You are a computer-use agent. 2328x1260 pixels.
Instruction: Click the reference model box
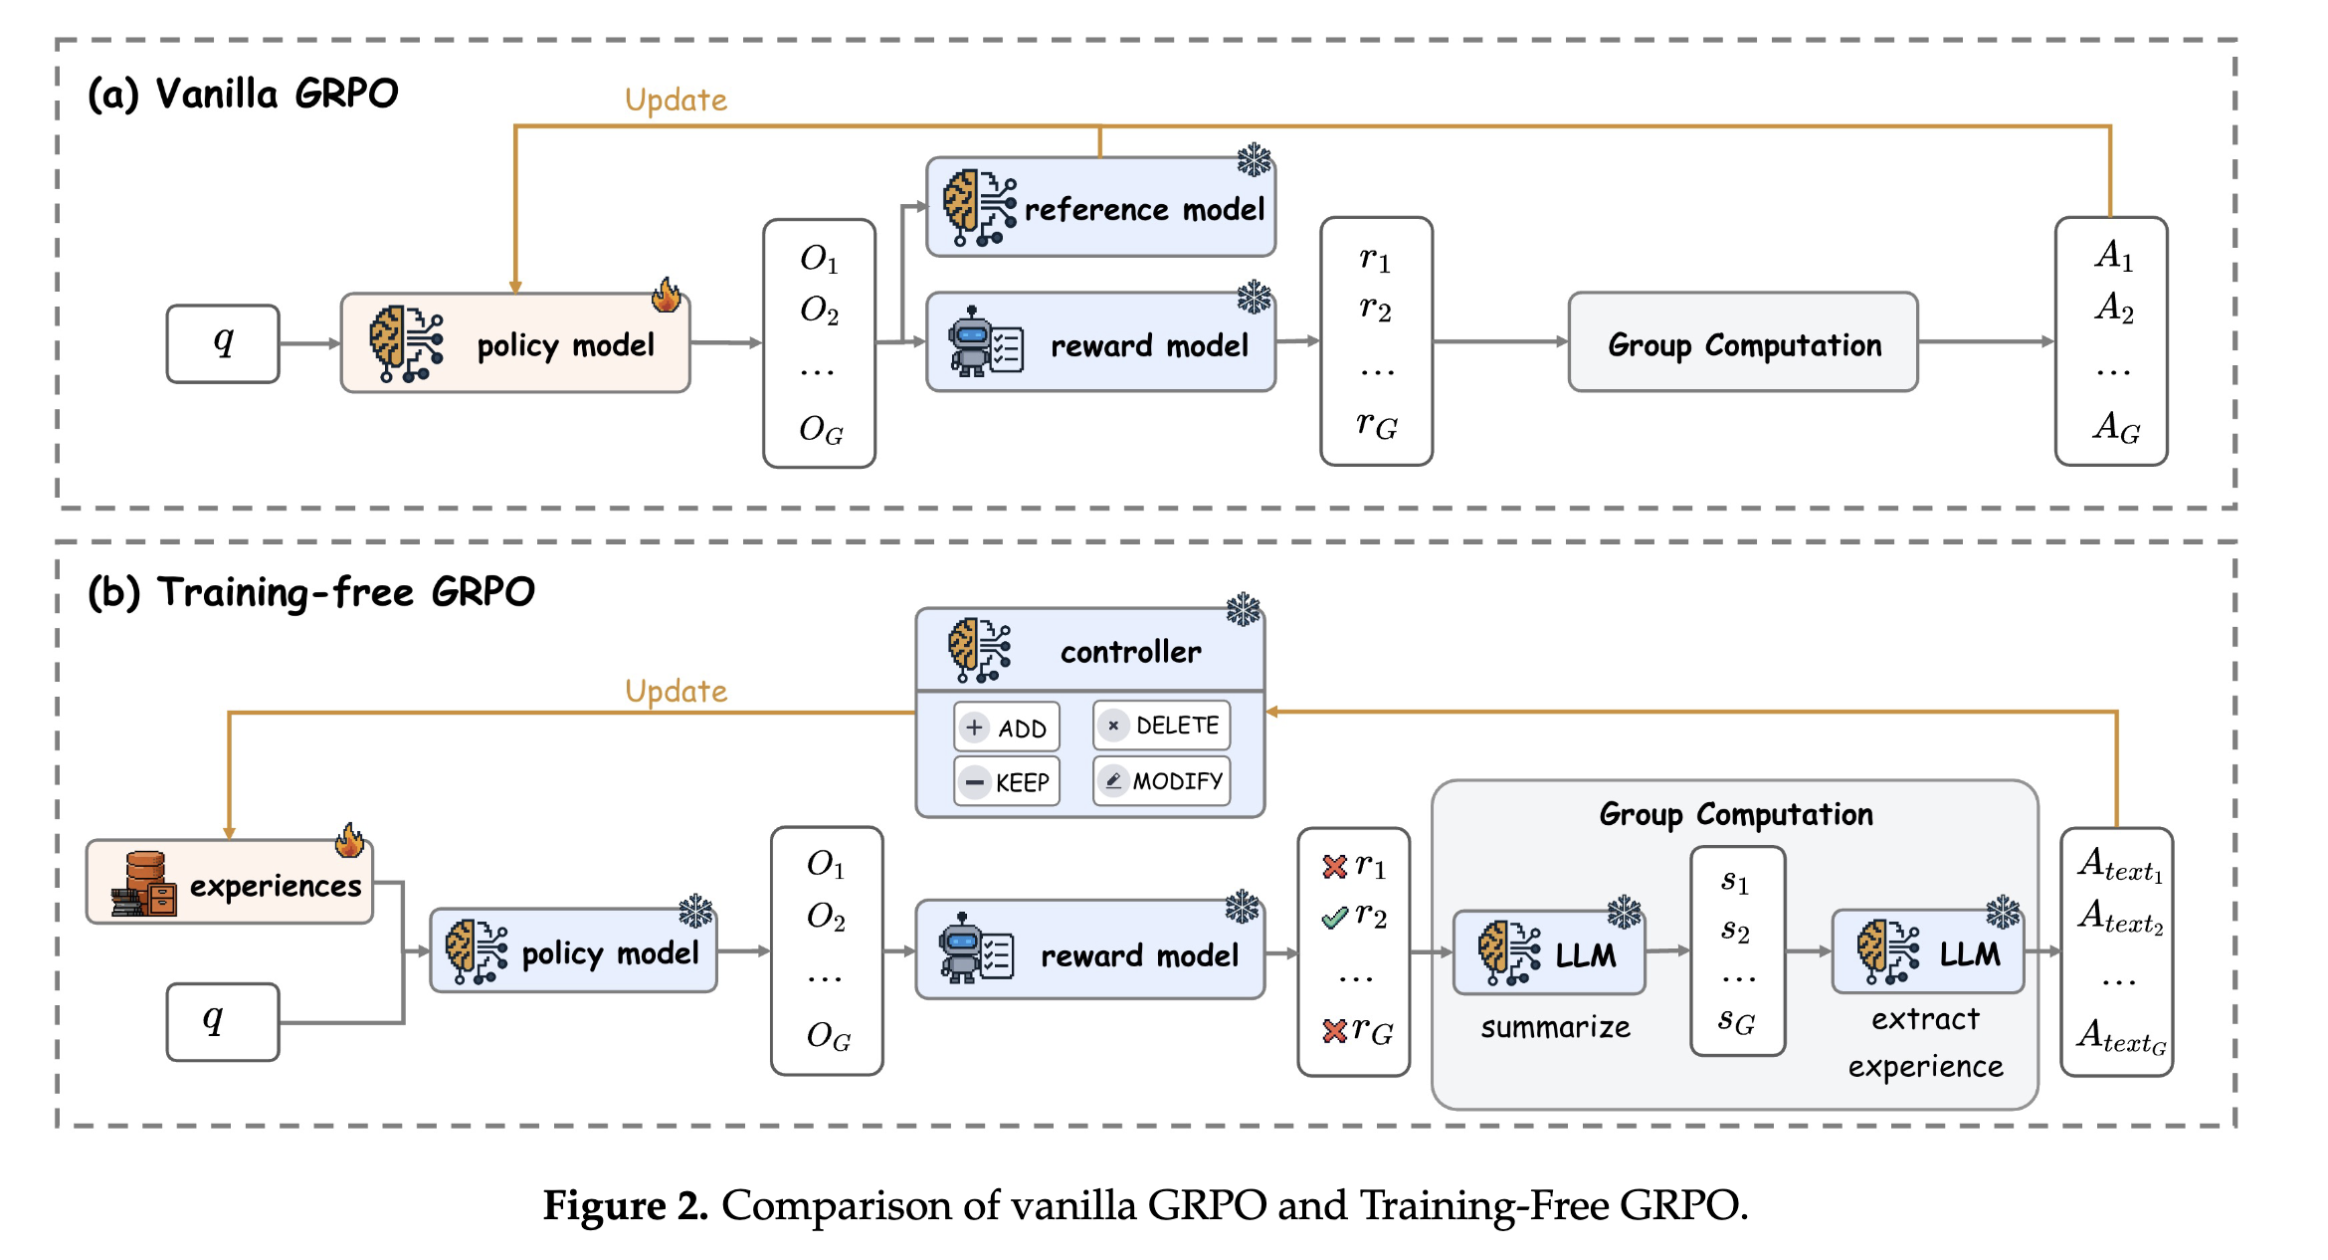tap(1100, 207)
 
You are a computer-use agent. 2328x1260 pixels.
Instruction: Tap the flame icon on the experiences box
tap(349, 841)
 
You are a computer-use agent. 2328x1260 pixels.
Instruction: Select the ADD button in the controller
tap(1007, 728)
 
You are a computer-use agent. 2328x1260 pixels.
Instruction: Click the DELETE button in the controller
tap(1161, 726)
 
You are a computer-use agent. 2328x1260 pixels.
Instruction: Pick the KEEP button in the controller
tap(1007, 782)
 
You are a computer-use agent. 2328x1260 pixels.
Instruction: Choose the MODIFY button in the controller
tap(1161, 781)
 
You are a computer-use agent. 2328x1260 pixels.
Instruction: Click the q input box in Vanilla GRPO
tap(223, 343)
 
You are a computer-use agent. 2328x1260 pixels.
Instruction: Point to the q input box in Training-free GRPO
tap(223, 1022)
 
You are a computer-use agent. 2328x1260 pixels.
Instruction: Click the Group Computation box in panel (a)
tap(1743, 343)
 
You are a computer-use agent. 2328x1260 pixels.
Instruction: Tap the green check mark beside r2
tap(1334, 918)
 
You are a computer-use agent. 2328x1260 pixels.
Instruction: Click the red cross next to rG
tap(1334, 1031)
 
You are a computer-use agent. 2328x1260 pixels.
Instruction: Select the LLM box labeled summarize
tap(1549, 953)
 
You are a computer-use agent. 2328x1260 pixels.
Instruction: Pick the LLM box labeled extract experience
tap(1928, 952)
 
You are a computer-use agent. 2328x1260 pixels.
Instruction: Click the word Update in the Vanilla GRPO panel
tap(676, 101)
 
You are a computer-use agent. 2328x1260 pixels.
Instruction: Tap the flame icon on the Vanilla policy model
tap(667, 295)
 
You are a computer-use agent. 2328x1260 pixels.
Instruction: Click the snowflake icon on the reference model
tap(1255, 160)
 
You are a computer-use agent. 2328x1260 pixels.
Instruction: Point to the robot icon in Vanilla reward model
tap(971, 341)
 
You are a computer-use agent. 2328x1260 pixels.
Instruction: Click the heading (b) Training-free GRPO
tap(311, 592)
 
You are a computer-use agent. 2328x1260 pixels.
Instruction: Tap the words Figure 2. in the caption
tap(625, 1206)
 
